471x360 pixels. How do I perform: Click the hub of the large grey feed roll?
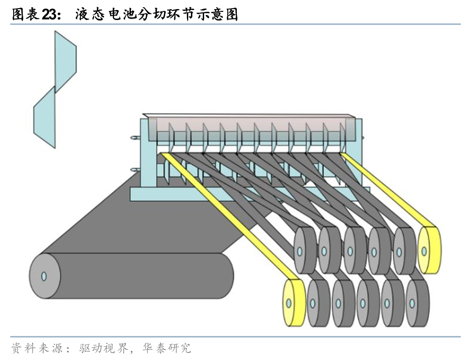tap(44, 276)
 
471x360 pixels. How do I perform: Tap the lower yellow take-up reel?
tap(293, 302)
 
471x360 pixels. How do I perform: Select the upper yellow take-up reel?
tap(429, 250)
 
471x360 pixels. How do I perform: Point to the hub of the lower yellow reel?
tap(287, 302)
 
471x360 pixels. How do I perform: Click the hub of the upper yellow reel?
tap(424, 250)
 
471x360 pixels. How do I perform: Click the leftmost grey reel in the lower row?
tap(318, 303)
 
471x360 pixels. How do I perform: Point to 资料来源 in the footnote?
tap(34, 349)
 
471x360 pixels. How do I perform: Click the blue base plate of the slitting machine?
tap(182, 195)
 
